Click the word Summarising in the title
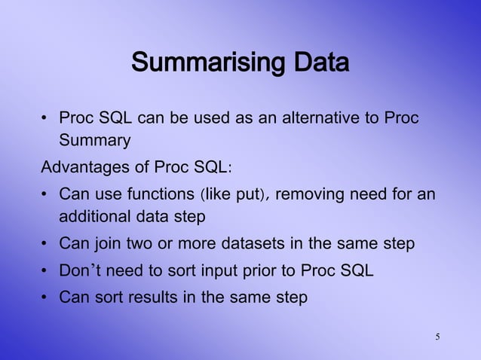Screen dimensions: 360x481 coord(198,63)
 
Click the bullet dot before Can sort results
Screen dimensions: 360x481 coord(45,297)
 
